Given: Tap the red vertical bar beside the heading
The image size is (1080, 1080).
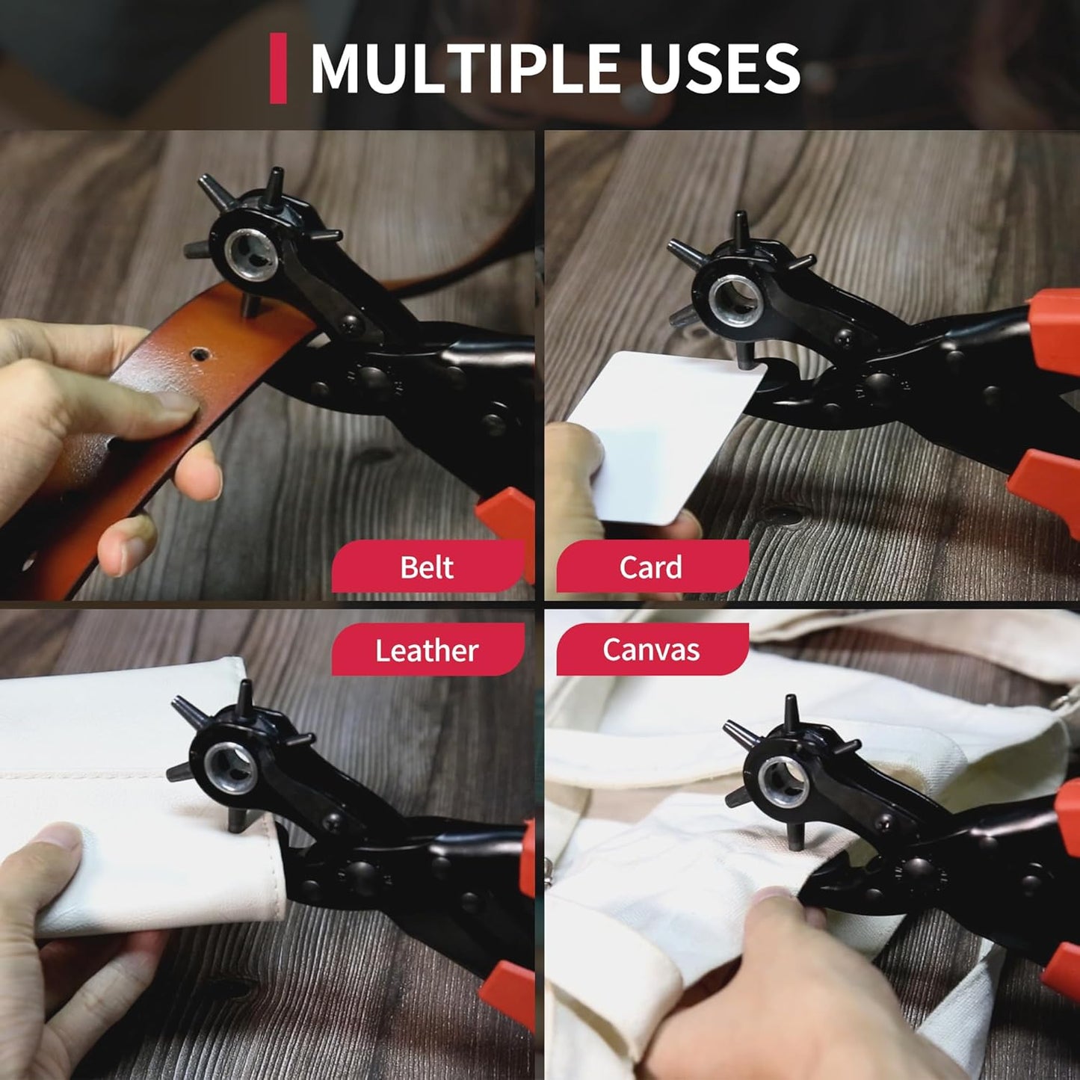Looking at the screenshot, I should click(x=278, y=68).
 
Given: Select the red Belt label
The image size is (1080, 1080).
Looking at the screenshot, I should click(x=427, y=567).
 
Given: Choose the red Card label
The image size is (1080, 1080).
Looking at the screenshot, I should click(x=651, y=567).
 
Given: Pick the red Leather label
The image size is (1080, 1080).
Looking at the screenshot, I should click(x=427, y=649).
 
